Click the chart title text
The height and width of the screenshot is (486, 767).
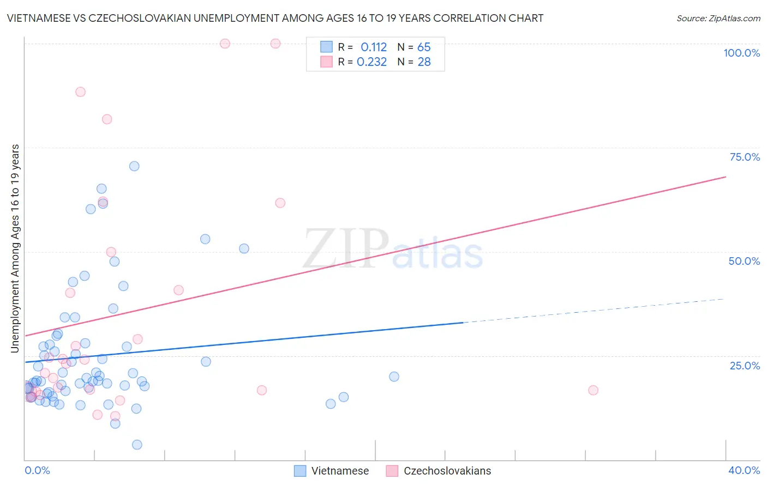pos(275,18)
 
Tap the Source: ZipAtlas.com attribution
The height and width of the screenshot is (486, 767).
pos(718,18)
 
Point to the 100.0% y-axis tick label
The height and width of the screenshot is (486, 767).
pos(741,53)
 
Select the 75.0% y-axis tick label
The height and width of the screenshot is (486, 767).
pos(745,157)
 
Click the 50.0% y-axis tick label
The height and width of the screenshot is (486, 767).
pos(744,261)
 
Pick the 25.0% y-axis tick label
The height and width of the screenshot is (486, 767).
pos(745,366)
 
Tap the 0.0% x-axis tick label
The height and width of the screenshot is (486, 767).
pos(37,470)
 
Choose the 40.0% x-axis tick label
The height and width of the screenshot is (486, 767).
pos(744,470)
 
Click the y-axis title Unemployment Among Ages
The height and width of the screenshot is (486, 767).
pos(15,248)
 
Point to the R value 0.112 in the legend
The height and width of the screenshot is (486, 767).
pos(374,47)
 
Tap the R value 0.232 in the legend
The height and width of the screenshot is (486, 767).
pos(371,62)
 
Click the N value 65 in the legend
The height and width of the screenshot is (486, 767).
pos(424,47)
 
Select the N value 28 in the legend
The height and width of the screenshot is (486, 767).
pos(424,62)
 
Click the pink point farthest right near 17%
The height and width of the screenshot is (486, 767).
pos(593,390)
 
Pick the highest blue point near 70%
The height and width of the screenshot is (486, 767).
pos(134,166)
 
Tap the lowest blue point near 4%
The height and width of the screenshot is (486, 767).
pos(137,445)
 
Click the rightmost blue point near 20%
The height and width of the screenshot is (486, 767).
pos(394,376)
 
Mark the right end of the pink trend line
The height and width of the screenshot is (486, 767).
pos(726,177)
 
